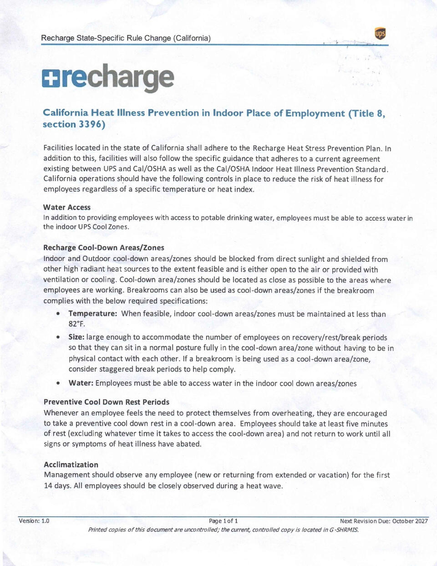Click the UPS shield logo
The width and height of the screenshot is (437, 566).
[x=380, y=34]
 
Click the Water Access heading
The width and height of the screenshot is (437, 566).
[x=67, y=207]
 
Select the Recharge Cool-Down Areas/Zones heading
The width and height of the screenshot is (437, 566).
[x=103, y=248]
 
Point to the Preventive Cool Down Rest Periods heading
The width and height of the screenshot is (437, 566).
[x=107, y=402]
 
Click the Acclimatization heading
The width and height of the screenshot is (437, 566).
[x=71, y=464]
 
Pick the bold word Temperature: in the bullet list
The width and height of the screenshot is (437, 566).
[x=93, y=314]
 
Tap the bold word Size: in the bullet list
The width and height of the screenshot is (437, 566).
[x=76, y=337]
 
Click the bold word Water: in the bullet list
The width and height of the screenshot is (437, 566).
[x=81, y=383]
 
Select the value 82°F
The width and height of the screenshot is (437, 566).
[x=77, y=324]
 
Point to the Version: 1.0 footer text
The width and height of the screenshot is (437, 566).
[x=34, y=521]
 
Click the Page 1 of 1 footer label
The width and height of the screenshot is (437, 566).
[x=223, y=521]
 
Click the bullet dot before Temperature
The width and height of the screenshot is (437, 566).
[x=58, y=314]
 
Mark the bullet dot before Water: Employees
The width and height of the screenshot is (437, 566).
[x=58, y=383]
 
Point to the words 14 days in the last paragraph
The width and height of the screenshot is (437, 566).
[x=57, y=486]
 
